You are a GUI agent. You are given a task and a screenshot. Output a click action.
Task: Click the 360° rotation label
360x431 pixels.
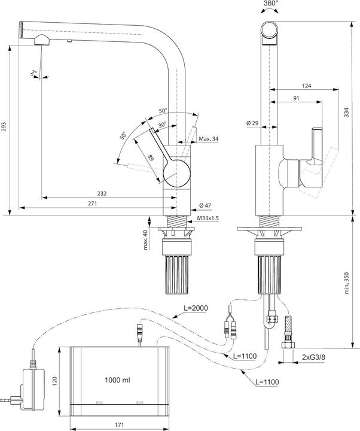(x=270, y=5)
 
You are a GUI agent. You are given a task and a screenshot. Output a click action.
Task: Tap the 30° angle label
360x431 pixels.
(x=161, y=125)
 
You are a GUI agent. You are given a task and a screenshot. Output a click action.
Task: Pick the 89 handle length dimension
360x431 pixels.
(x=150, y=158)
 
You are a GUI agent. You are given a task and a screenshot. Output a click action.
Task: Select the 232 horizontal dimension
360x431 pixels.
(x=103, y=193)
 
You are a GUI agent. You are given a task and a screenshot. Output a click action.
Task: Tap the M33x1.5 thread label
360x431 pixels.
(x=208, y=218)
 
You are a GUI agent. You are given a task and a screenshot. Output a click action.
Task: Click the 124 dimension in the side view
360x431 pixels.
(x=306, y=86)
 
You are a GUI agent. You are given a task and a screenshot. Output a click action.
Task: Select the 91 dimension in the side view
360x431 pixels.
(x=297, y=98)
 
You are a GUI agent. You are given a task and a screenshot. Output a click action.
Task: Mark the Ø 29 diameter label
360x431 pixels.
(x=252, y=123)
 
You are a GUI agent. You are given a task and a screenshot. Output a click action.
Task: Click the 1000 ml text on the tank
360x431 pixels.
(x=118, y=380)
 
